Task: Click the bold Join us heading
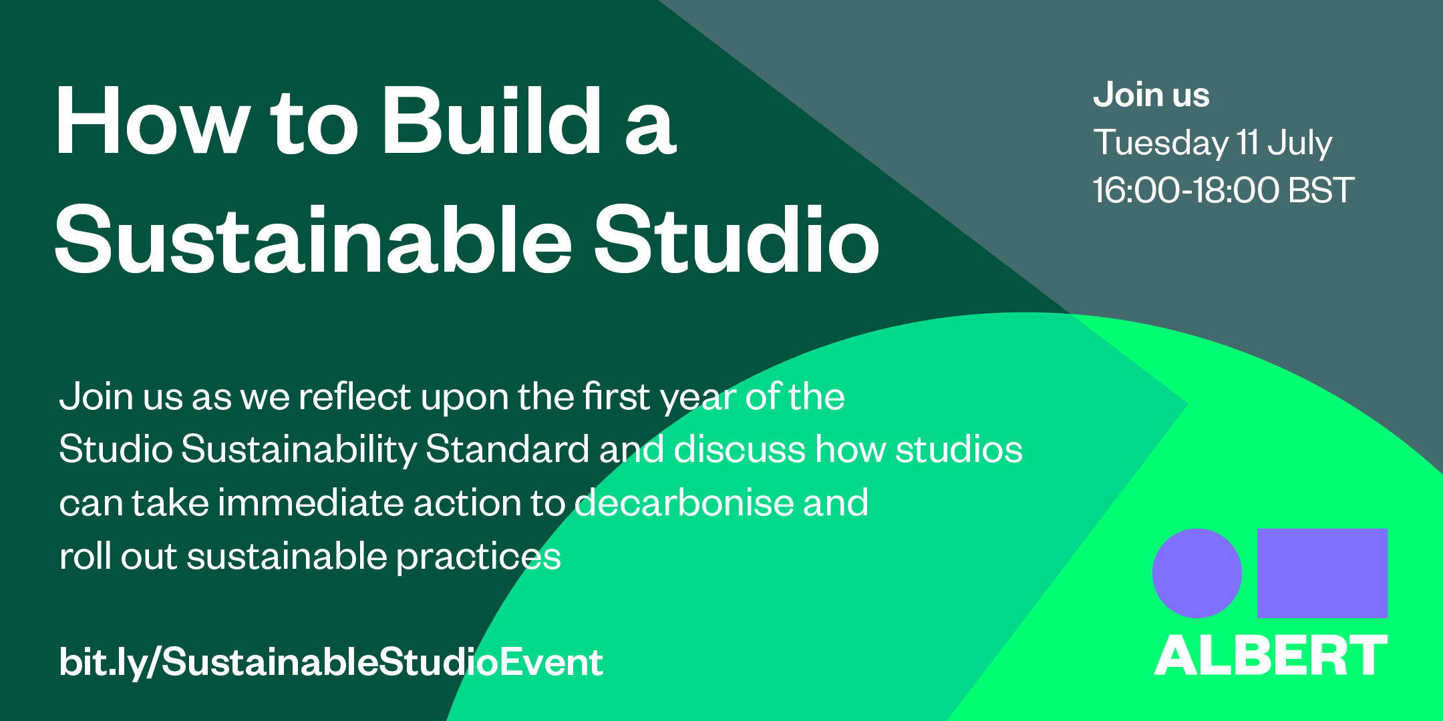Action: click(1150, 95)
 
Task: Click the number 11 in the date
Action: click(1247, 143)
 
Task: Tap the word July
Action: click(1299, 144)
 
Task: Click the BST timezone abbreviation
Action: click(1321, 190)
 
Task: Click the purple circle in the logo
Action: click(1196, 573)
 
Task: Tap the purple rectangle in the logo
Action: click(1322, 573)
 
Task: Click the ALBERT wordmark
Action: click(1271, 656)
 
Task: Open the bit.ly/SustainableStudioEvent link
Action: click(331, 662)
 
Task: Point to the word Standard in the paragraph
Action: click(507, 449)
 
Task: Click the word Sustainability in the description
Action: click(299, 449)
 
